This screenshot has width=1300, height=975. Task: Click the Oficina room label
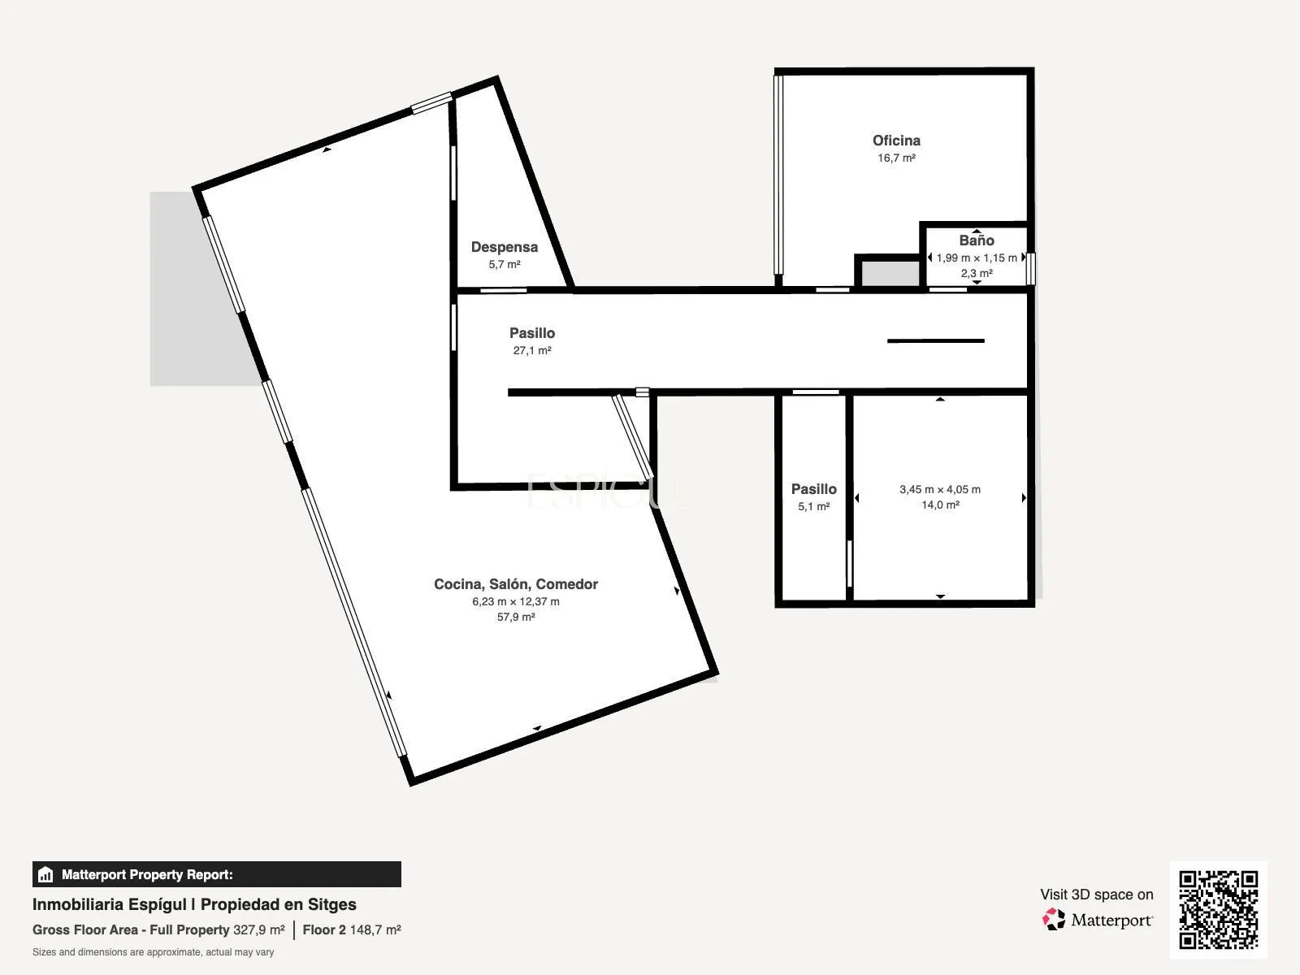click(896, 141)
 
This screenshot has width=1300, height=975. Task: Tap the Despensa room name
click(504, 248)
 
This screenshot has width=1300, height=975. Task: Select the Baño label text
click(977, 240)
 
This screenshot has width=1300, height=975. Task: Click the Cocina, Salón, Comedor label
click(516, 584)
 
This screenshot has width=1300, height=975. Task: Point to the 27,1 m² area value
click(532, 350)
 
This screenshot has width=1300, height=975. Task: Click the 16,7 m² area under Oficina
click(896, 158)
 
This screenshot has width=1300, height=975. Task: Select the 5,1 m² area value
click(814, 507)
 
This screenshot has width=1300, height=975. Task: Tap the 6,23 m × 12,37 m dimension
click(516, 601)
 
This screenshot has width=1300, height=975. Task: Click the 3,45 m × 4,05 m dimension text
click(940, 490)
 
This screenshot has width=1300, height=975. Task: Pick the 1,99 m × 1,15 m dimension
click(977, 258)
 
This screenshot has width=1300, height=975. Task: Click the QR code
click(1218, 909)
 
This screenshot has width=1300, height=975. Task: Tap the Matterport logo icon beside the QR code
click(1054, 920)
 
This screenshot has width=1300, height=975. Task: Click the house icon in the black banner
click(45, 874)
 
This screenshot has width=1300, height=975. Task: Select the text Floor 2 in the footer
click(324, 930)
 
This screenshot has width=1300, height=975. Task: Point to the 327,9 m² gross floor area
click(259, 930)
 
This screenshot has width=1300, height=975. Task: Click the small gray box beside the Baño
click(890, 274)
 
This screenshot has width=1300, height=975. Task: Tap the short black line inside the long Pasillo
click(936, 341)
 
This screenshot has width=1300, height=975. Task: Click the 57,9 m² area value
click(516, 617)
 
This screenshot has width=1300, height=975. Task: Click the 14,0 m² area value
click(940, 505)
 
